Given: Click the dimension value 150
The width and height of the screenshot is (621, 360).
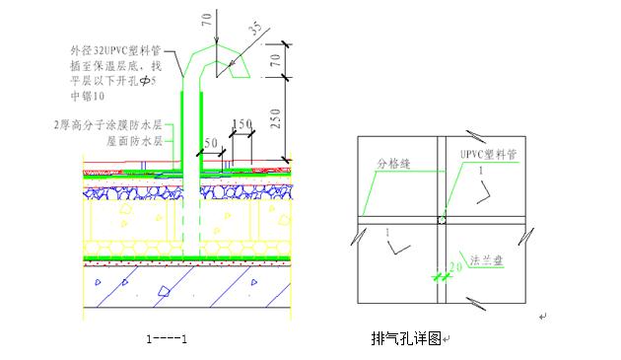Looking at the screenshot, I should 241,124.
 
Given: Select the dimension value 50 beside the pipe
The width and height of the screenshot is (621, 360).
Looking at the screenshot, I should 211,143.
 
